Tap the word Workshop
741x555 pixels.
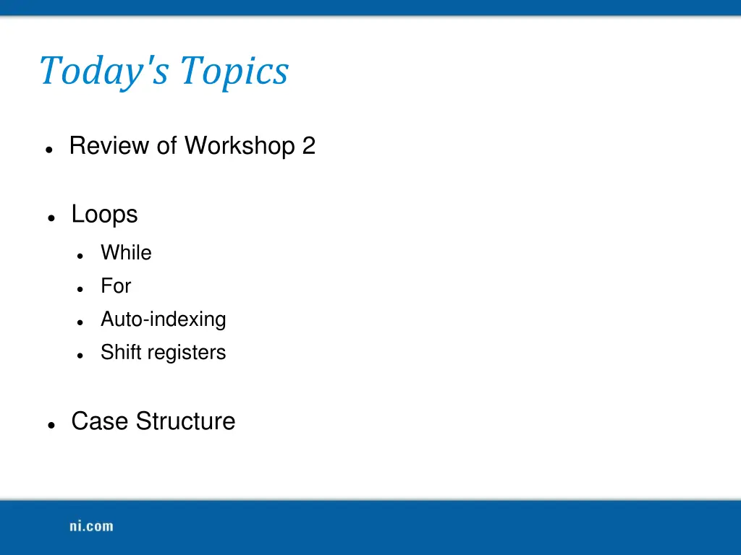[x=240, y=146]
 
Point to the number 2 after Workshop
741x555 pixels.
[x=309, y=146]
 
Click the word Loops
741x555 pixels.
[x=104, y=214]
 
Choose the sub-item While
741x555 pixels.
[x=126, y=253]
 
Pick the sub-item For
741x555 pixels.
[x=116, y=286]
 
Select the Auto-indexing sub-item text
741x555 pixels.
[x=163, y=319]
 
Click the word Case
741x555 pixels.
[x=100, y=421]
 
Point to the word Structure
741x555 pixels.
[x=185, y=421]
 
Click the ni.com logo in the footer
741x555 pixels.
[x=91, y=526]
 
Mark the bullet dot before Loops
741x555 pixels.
[x=51, y=218]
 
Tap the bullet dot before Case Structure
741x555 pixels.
[x=51, y=425]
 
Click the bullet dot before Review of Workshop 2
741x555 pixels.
[x=48, y=149]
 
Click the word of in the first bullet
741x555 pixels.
[x=166, y=146]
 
